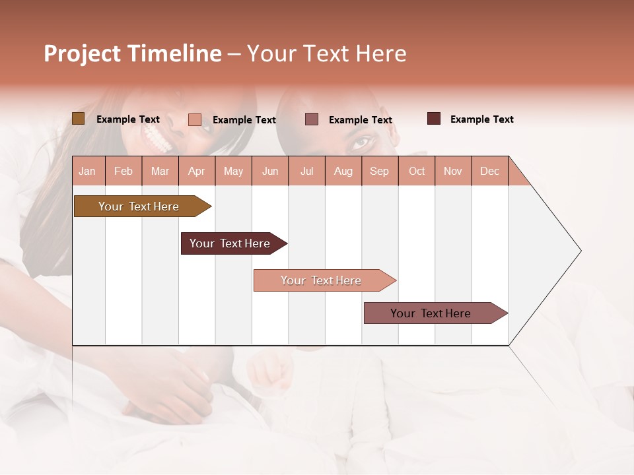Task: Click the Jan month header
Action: tap(87, 171)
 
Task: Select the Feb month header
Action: tap(123, 171)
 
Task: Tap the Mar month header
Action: tap(160, 171)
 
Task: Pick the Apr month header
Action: tap(196, 171)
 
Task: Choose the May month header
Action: tap(233, 171)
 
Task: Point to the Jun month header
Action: tap(270, 171)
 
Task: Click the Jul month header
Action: tap(306, 171)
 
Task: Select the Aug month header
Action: tap(343, 171)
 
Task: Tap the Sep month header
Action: tap(380, 171)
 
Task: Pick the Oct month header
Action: tap(417, 171)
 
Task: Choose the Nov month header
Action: tap(453, 171)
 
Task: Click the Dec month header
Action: tap(489, 171)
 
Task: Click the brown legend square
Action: tap(78, 119)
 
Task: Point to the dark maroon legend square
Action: tap(434, 119)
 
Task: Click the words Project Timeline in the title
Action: tap(133, 53)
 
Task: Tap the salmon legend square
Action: tap(194, 119)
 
